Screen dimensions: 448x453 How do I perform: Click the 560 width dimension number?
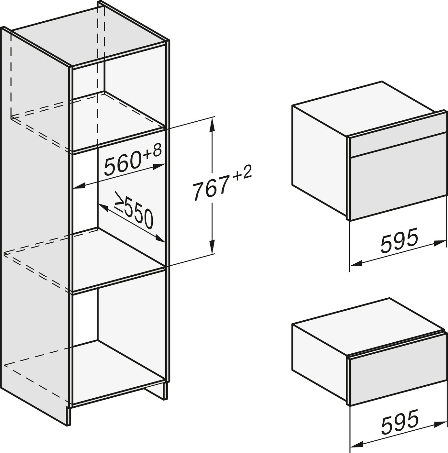click(x=123, y=164)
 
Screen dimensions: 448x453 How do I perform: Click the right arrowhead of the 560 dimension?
click(x=158, y=167)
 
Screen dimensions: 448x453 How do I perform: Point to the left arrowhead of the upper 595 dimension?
click(x=356, y=264)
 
